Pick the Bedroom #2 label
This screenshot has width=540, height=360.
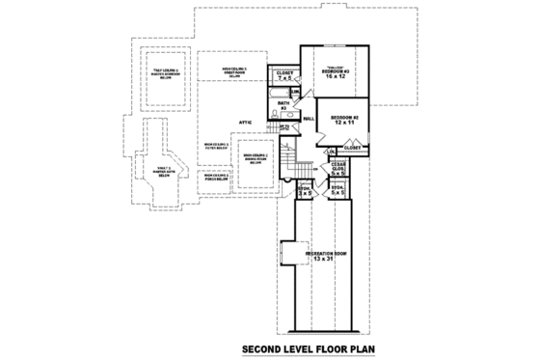(338, 117)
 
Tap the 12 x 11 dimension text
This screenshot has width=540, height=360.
(338, 124)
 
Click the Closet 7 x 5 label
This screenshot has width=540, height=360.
(284, 75)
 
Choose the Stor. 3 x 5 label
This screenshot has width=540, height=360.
(304, 191)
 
